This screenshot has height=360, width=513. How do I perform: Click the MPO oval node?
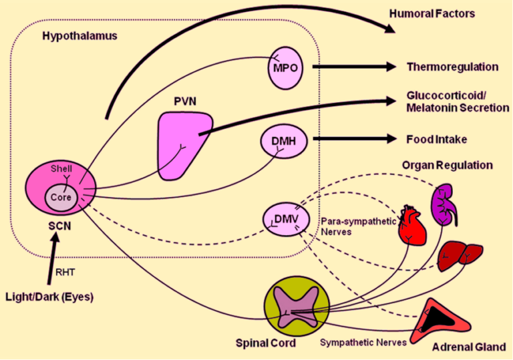point(285,68)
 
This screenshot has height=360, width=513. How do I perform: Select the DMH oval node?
point(284,141)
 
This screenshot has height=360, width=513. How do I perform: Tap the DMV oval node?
point(287,219)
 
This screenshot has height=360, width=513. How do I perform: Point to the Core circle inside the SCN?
point(61,197)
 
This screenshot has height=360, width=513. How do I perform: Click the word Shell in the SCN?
point(61,169)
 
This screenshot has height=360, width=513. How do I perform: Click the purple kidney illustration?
point(444,204)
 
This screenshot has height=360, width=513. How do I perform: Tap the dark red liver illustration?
point(460,256)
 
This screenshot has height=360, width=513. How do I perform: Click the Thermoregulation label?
point(452,67)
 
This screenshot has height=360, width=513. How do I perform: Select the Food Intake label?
point(436,140)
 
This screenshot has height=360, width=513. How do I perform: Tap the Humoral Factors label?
point(432,13)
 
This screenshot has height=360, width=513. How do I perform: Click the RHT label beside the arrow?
point(65,273)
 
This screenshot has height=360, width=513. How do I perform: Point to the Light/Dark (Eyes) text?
point(49,297)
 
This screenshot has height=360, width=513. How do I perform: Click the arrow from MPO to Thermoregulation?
point(354,66)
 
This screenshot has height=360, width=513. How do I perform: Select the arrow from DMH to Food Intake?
point(355,139)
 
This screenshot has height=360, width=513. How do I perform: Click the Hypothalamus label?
point(80,36)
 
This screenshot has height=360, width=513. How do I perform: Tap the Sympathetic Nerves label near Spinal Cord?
point(363,343)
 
